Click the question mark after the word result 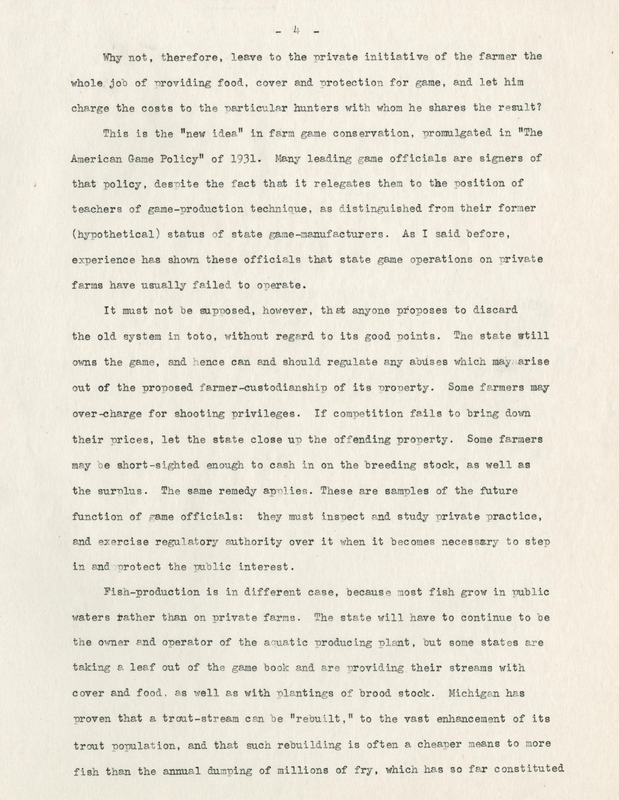click(x=540, y=108)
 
